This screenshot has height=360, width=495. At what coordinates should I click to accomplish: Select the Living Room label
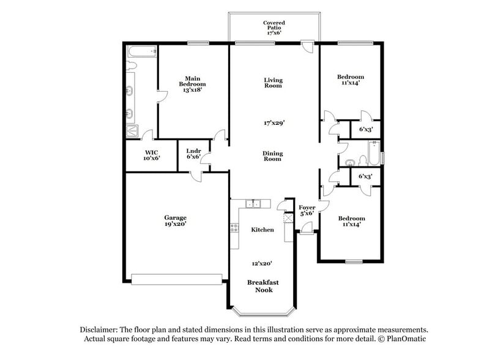pos(273,83)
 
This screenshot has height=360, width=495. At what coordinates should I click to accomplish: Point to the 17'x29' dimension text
pos(273,122)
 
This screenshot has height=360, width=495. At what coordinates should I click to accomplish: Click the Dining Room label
pos(272,156)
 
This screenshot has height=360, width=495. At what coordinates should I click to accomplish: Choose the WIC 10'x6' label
pos(151,156)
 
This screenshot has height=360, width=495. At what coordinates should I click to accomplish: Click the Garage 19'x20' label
pos(175,220)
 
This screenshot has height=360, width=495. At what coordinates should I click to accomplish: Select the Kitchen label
pos(262,230)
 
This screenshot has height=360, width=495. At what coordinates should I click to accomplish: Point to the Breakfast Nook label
pos(263,286)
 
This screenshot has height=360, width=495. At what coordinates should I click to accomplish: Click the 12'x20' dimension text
pos(262,263)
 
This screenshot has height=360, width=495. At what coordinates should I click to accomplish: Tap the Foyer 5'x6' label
pos(307,211)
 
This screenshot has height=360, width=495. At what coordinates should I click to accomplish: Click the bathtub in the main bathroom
pos(141,51)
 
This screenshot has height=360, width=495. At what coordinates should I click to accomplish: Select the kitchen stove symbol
pos(234,229)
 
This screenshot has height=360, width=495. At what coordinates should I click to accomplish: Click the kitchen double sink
pos(253,204)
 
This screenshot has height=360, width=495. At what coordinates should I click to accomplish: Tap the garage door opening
pos(177,279)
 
